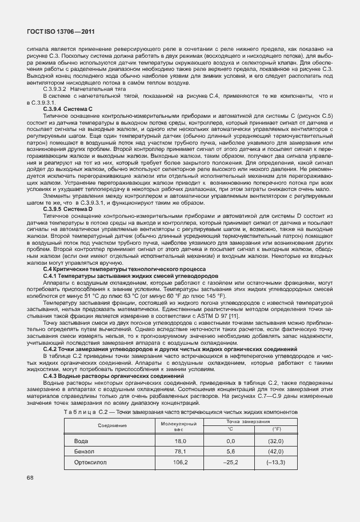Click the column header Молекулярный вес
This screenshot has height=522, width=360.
pyautogui.click(x=181, y=425)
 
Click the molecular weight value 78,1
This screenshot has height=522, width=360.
pyautogui.click(x=181, y=451)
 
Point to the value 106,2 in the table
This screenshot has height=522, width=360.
pyautogui.click(x=181, y=461)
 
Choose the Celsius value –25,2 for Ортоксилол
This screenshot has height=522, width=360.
pyautogui.click(x=231, y=461)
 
